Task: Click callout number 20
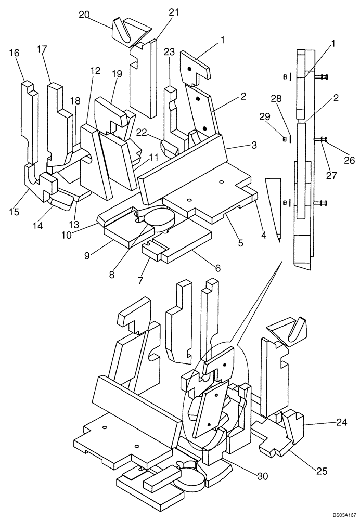coord(84,15)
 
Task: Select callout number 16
coord(14,53)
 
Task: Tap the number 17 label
coord(42,49)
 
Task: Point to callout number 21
coord(173,12)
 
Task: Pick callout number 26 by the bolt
coord(350,161)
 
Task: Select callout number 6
coord(217,268)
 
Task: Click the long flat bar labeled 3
coord(182,166)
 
